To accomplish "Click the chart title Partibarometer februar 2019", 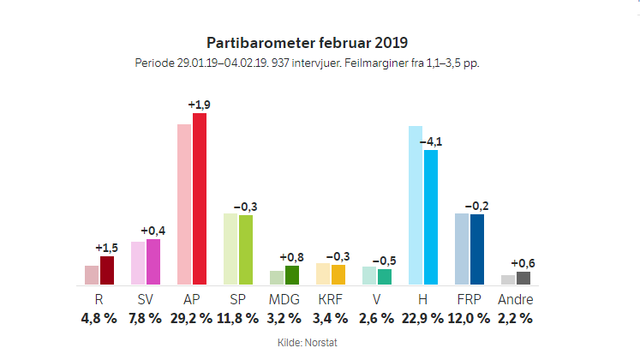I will [308, 42].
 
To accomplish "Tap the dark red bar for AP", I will [200, 198].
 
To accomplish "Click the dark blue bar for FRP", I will [477, 249].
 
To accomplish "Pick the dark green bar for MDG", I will [292, 274].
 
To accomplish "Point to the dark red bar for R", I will [107, 270].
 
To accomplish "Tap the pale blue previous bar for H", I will [416, 205].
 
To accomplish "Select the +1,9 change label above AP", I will [200, 105].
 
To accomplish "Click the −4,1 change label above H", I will [431, 141].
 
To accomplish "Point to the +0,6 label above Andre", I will [523, 263].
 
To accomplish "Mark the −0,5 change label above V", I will [385, 260].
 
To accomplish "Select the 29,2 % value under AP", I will [192, 318].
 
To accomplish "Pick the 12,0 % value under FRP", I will [469, 318].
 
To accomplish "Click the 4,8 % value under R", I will [99, 318].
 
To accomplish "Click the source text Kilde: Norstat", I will [308, 343].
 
